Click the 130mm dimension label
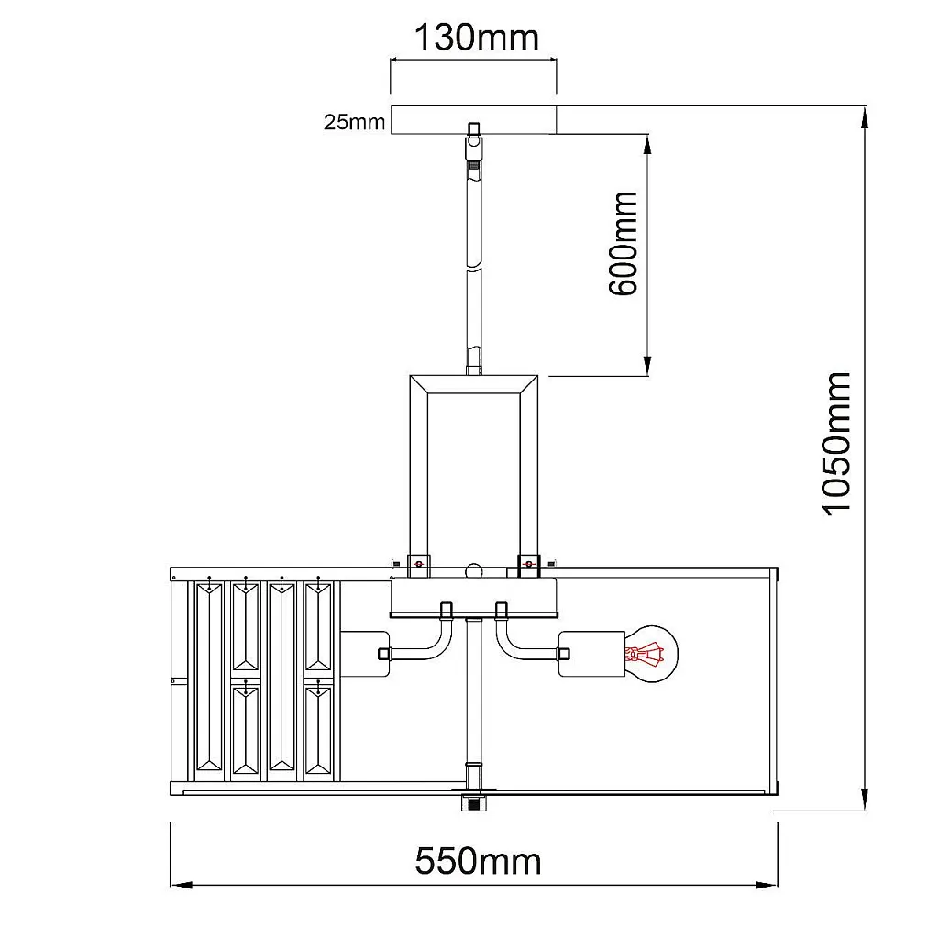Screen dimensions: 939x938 [477, 38]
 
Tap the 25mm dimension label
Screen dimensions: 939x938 [354, 122]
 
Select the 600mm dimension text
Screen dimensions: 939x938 [623, 243]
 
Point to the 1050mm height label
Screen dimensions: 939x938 [835, 443]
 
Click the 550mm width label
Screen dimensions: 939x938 [478, 861]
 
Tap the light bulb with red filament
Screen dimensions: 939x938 [652, 654]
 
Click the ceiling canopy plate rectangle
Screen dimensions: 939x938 [474, 120]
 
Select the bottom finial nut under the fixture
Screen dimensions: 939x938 [474, 801]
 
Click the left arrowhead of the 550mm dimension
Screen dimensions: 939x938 [181, 885]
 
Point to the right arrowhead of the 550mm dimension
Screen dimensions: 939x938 [768, 885]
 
